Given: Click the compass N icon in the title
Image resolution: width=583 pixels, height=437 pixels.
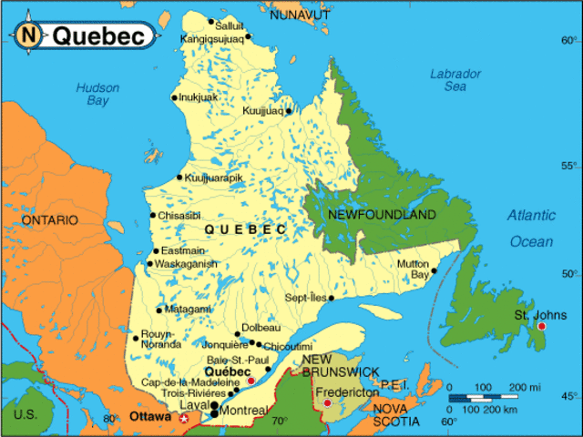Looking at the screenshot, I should click(x=29, y=36).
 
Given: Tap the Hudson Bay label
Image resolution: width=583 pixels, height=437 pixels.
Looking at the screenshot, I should click(x=97, y=95).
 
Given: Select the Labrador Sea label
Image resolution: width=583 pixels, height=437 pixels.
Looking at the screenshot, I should click(x=455, y=80).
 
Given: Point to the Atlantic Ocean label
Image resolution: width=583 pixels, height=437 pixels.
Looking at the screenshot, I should click(x=531, y=229).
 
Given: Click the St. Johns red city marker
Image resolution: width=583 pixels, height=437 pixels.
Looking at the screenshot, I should click(x=541, y=326).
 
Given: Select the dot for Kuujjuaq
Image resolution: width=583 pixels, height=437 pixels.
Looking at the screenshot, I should click(x=289, y=111).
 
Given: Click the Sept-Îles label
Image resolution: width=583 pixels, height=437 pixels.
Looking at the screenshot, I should click(x=304, y=298).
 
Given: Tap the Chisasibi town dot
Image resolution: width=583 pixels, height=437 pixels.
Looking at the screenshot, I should click(x=153, y=216).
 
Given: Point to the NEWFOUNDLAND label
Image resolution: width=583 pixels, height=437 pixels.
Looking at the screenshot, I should click(x=382, y=215).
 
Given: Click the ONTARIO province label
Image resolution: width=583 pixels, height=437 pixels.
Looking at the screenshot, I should click(x=50, y=220).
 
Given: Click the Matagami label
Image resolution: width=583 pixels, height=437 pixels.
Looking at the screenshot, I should click(x=188, y=310).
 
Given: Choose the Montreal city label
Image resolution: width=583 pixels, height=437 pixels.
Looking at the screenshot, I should click(x=242, y=412).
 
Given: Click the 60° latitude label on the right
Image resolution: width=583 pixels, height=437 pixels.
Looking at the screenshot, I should click(x=569, y=40).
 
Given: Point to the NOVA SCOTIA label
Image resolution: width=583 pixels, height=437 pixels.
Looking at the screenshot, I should click(x=395, y=415).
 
